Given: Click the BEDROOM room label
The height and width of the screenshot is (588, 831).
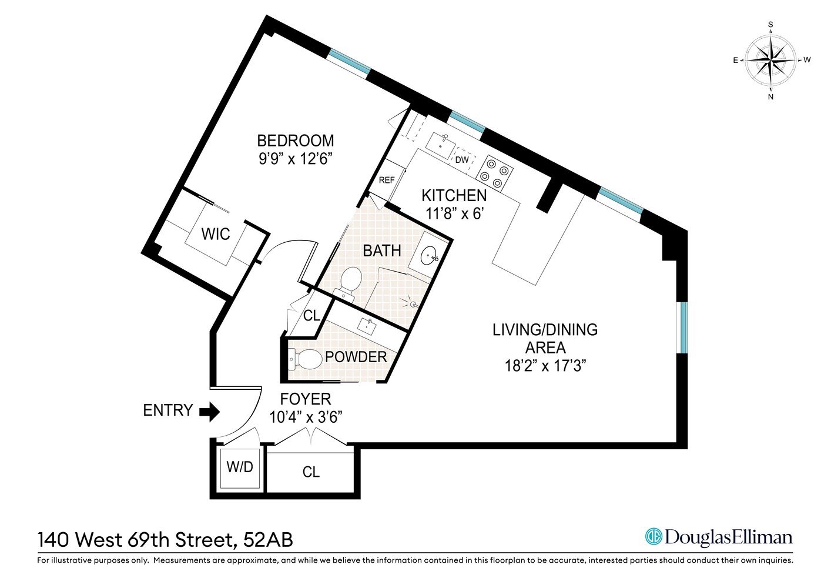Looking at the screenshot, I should click(x=296, y=141).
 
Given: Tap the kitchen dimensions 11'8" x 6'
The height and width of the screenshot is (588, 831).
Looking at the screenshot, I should click(x=454, y=213).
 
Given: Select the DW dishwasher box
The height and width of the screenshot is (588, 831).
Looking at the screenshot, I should click(x=462, y=159).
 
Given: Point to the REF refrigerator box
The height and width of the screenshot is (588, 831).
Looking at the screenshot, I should click(x=387, y=180).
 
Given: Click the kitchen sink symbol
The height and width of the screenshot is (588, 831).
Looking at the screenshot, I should click(x=441, y=144).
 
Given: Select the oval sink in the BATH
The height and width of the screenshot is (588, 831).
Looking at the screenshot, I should click(x=430, y=255).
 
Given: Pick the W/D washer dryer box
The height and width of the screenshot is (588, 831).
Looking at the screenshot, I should click(x=240, y=467).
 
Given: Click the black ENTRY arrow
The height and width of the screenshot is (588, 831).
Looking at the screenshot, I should click(x=209, y=411).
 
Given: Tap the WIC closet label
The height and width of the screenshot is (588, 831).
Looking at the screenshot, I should click(x=215, y=234).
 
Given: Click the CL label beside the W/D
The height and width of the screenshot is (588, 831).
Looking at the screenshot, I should click(x=311, y=472).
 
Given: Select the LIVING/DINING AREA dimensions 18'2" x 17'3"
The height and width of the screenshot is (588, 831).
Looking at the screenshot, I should click(x=545, y=366).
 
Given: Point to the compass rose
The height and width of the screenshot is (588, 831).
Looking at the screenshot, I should click(x=770, y=59).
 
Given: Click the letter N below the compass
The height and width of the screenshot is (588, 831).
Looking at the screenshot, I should click(x=770, y=97).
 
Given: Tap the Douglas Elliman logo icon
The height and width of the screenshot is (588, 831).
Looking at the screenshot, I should click(x=654, y=536).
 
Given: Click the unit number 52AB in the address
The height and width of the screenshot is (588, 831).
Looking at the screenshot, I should click(x=269, y=539).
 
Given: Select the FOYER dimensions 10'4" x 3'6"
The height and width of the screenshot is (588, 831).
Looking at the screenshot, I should click(x=306, y=417).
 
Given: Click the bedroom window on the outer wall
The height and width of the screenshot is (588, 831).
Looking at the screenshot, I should click(x=349, y=62).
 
